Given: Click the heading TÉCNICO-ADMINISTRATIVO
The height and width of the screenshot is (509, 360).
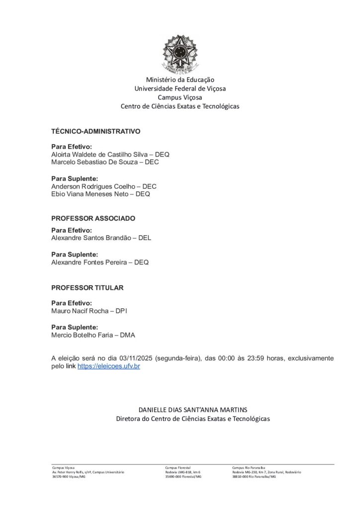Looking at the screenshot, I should coord(96,131).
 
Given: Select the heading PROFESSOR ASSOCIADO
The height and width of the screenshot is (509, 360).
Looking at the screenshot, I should coord(93,218).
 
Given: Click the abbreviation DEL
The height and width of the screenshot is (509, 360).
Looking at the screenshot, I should coord(145,238).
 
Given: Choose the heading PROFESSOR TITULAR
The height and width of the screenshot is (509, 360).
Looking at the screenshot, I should coord(88,288).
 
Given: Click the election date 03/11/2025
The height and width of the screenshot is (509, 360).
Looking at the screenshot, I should coord(136,358).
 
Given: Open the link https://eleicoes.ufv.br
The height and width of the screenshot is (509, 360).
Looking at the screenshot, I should coord(108,366).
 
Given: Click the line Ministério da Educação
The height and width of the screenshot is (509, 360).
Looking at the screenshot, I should coord(180,80).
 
